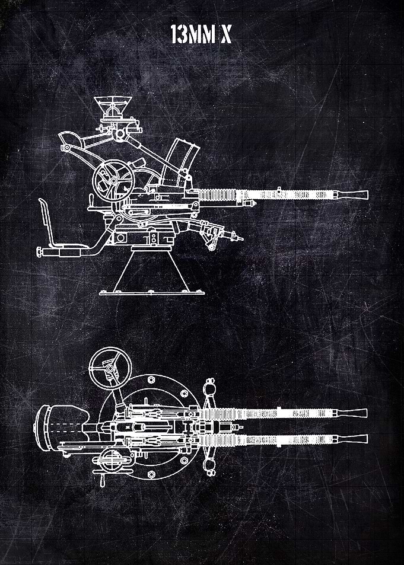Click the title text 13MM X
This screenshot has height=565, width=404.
pyautogui.click(x=201, y=34)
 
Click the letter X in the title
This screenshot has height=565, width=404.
pyautogui.click(x=226, y=34)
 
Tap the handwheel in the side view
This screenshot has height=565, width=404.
pyautogui.click(x=113, y=180)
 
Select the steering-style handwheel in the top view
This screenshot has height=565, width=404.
pyautogui.click(x=110, y=368)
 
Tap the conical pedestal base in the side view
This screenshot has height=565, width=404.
pyautogui.click(x=151, y=270)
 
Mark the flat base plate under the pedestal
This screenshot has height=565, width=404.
pyautogui.click(x=152, y=293)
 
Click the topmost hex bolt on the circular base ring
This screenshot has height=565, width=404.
pyautogui.click(x=151, y=379)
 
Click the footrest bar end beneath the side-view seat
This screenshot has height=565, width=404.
pyautogui.click(x=40, y=251)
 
